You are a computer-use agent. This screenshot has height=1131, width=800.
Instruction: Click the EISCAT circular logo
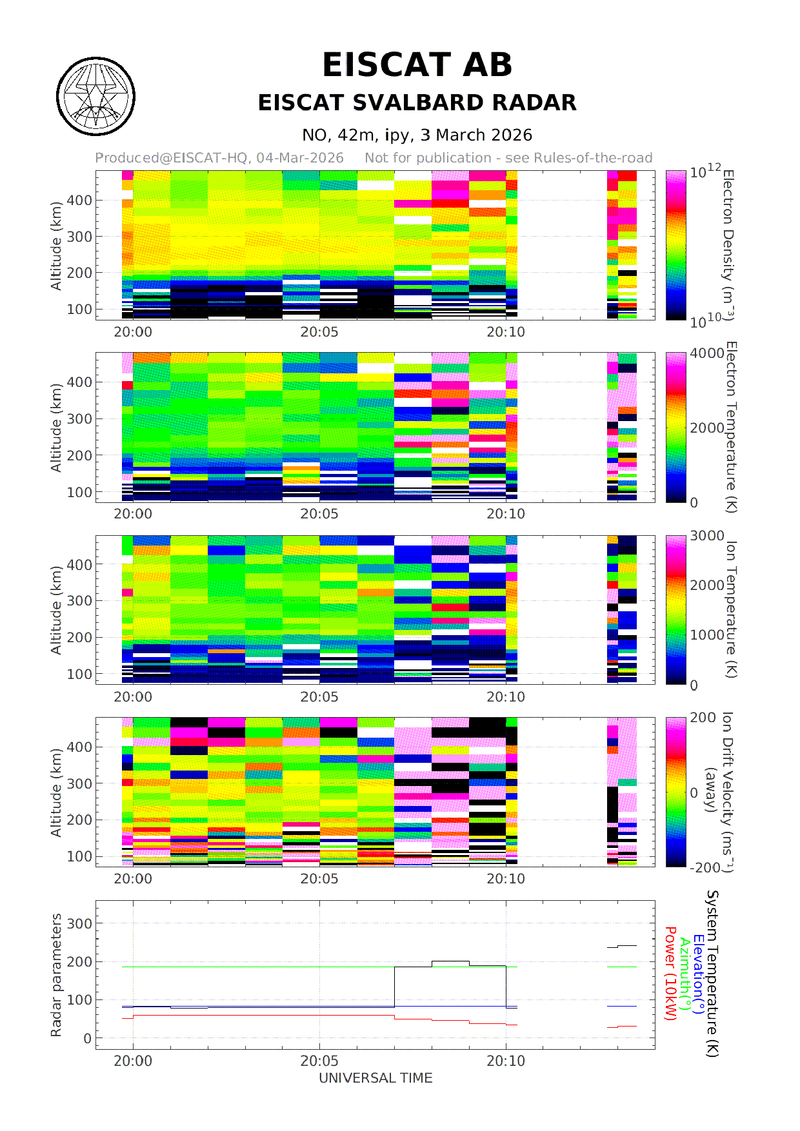[95, 97]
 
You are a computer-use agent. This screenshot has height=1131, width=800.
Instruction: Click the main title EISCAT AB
[417, 65]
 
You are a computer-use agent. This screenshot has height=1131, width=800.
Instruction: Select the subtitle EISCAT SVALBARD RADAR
[417, 103]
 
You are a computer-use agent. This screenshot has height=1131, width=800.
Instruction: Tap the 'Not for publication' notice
[508, 158]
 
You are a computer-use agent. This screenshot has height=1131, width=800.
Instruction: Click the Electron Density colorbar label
[728, 244]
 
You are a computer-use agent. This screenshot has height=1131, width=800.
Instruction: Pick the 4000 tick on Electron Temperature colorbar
[706, 353]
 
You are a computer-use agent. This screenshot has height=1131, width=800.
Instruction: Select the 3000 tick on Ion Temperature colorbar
[706, 536]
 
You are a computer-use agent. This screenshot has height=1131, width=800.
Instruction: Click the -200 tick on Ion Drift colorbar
[705, 868]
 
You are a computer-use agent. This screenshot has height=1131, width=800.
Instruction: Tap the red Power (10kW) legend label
[670, 974]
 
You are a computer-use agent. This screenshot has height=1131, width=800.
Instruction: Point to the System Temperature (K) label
[712, 974]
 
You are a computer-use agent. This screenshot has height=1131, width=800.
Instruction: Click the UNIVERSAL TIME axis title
[375, 1078]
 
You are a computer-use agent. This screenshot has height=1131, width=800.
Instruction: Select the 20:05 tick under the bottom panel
[319, 1061]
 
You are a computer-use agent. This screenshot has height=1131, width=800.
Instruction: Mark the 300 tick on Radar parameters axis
[80, 923]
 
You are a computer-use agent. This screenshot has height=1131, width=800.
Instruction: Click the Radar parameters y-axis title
[57, 975]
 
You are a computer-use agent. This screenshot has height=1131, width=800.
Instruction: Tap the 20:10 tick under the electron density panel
[506, 332]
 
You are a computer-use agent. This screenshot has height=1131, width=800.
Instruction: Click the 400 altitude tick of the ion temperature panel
[80, 565]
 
